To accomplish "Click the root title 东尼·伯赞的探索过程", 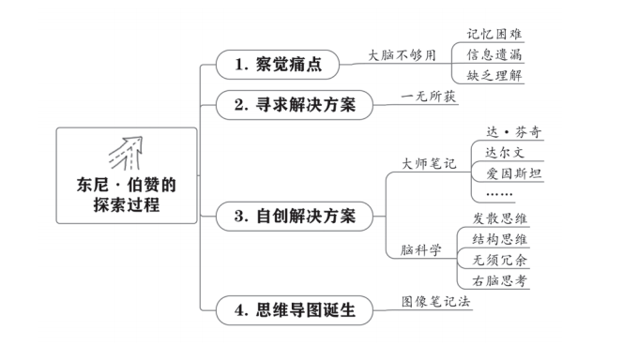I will click(x=127, y=195).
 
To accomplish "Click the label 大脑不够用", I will click(x=402, y=55).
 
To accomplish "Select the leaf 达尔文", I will click(x=505, y=152).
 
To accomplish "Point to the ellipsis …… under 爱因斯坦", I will click(x=500, y=193).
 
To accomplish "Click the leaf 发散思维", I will click(x=499, y=218).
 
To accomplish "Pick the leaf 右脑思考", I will click(x=499, y=280).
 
